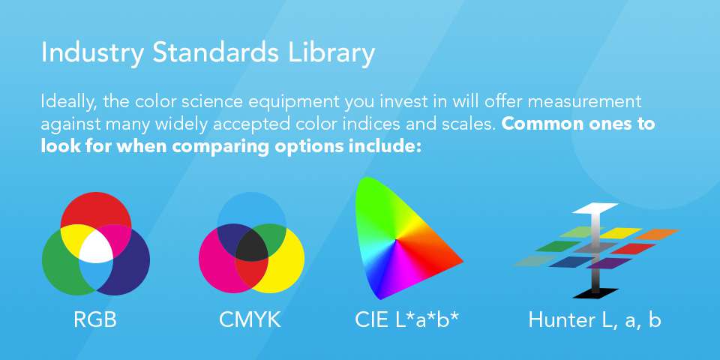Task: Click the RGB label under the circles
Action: [x=95, y=320]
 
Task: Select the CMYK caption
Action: [x=250, y=320]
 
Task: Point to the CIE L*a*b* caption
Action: [x=406, y=320]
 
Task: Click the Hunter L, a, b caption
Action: [x=594, y=320]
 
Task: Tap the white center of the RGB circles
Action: [x=95, y=245]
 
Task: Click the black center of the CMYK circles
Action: [x=251, y=245]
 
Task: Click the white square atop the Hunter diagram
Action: [x=594, y=207]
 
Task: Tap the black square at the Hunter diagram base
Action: [x=594, y=292]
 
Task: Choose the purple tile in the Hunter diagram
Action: [x=610, y=263]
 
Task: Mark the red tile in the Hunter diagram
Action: [x=634, y=248]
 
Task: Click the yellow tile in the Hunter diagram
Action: [x=619, y=233]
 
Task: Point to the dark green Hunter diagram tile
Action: [x=557, y=246]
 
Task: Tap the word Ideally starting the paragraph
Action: [x=67, y=101]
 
